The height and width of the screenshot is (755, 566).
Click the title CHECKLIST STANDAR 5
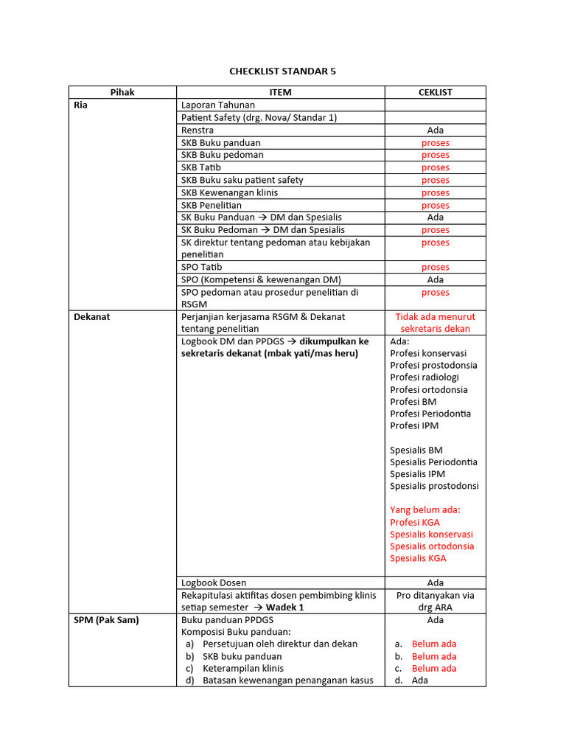(282, 72)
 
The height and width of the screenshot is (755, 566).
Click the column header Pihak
(122, 92)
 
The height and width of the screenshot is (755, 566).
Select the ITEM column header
(280, 92)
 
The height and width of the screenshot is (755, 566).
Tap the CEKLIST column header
(435, 92)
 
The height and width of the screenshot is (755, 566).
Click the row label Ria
(81, 105)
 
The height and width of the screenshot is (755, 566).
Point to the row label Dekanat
(92, 317)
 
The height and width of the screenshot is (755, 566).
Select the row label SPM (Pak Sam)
(106, 620)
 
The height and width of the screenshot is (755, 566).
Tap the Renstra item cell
(198, 131)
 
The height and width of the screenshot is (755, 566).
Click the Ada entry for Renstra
(435, 131)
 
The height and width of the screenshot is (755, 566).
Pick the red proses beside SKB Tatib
(435, 167)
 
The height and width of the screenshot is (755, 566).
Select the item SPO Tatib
(201, 267)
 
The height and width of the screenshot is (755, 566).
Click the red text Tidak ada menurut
(435, 317)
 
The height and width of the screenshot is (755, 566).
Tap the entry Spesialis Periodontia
(433, 462)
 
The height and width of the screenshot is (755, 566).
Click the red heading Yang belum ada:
(430, 510)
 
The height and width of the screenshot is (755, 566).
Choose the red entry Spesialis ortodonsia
(432, 546)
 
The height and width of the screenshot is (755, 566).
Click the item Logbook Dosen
(214, 583)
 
